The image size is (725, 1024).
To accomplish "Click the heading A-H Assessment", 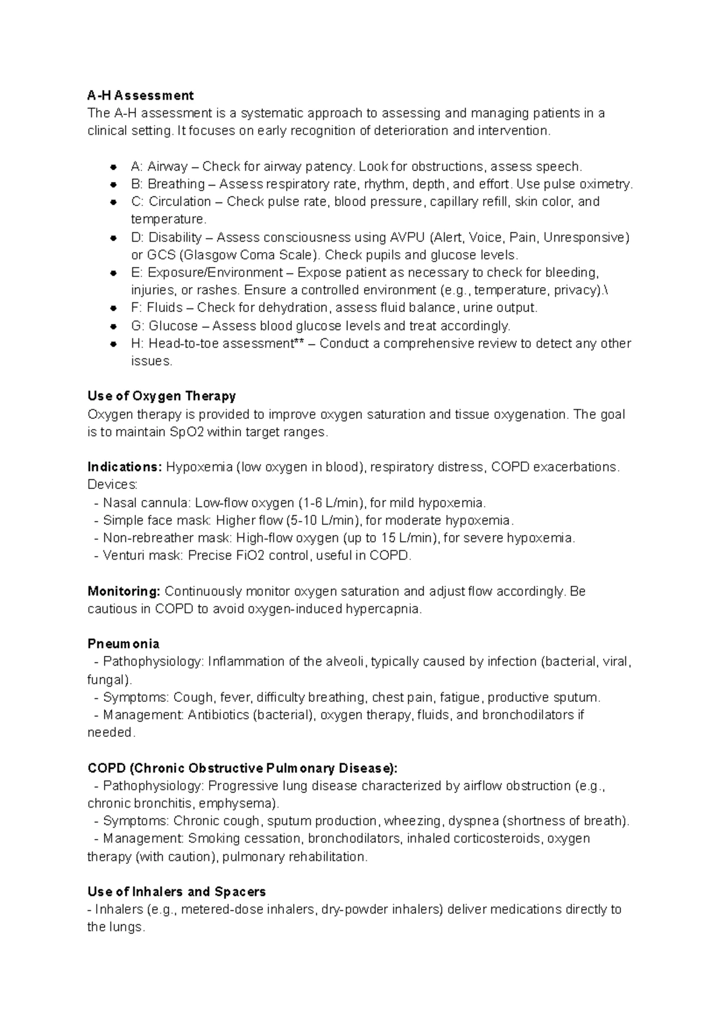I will pos(140,96).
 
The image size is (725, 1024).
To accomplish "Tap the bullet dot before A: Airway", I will pos(113,167).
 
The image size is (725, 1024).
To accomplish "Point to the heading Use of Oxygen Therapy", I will pos(161,397).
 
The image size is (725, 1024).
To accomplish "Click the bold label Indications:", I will pos(124,467).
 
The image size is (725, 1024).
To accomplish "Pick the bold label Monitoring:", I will pos(124,591).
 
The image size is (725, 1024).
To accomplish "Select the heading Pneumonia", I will pos(123,644).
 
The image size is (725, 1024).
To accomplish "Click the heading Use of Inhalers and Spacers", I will pos(176,892).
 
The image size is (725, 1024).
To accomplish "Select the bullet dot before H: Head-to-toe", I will pos(113,344).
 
